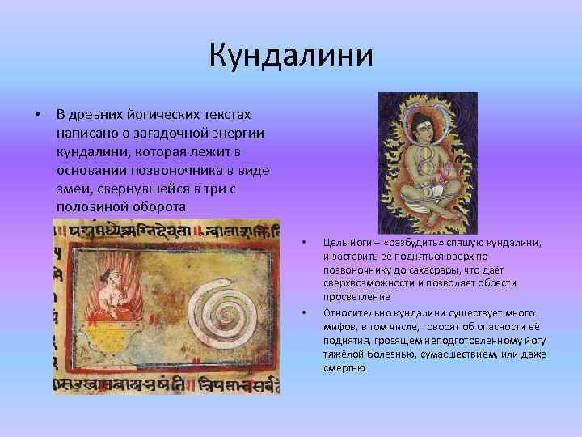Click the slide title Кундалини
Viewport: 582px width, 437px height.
[291, 56]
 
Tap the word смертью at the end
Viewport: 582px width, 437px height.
[344, 368]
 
